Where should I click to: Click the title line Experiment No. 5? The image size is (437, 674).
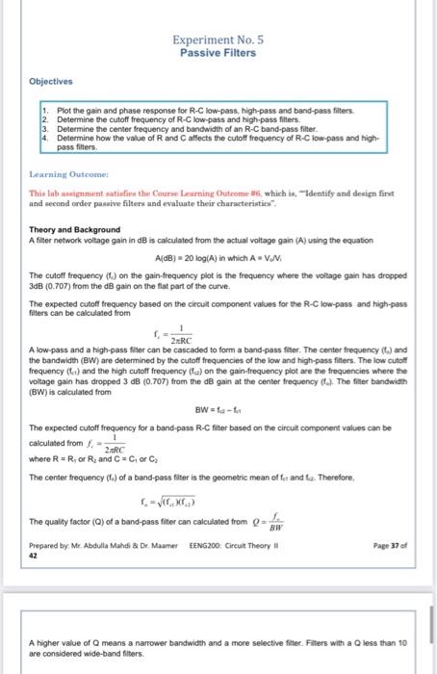(x=218, y=40)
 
